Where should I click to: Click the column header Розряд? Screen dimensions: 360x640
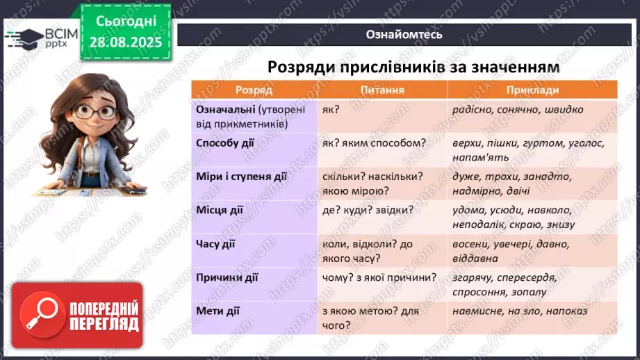253,90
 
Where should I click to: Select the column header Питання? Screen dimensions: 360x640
382,90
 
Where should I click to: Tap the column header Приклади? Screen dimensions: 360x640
532,90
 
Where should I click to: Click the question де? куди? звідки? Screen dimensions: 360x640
368,209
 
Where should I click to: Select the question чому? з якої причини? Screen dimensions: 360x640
379,277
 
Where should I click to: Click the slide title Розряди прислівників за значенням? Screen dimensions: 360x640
404,67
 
